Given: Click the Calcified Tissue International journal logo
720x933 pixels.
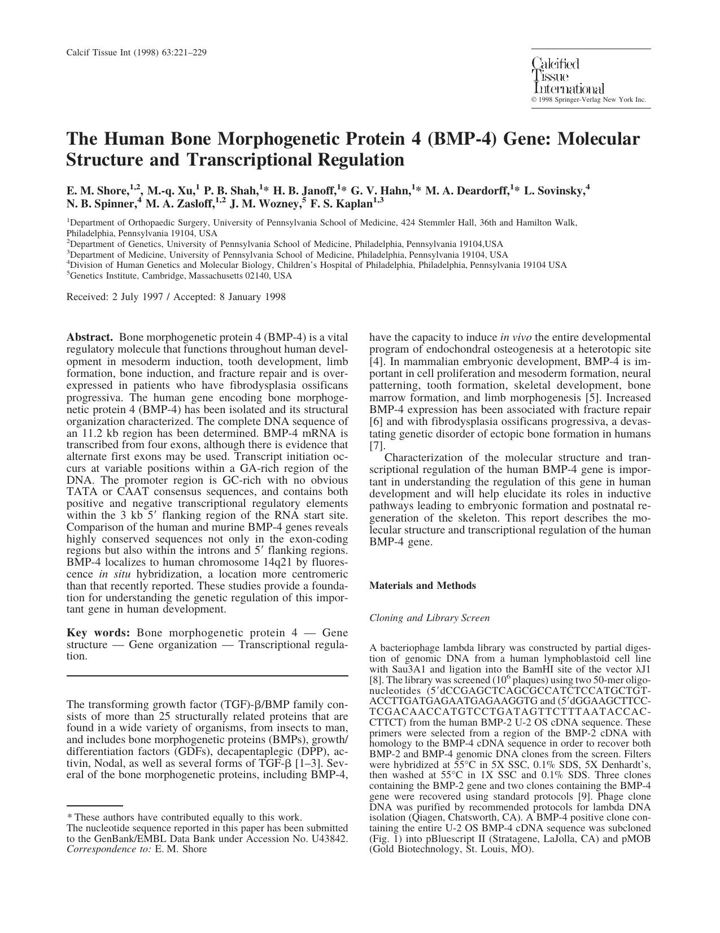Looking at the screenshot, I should (x=568, y=76).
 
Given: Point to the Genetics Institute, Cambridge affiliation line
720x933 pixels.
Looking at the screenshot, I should (x=180, y=276).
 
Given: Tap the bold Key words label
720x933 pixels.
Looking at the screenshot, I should (x=99, y=633).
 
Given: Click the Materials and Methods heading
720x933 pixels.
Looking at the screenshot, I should (x=422, y=586).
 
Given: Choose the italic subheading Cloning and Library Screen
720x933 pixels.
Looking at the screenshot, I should (x=429, y=618).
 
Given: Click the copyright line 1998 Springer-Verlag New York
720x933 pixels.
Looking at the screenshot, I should (x=590, y=99).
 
